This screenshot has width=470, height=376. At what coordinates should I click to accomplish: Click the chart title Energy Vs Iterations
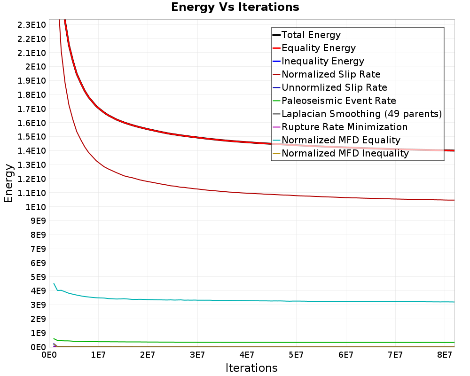coord(235,7)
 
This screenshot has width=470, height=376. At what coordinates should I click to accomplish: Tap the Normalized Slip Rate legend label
coord(331,74)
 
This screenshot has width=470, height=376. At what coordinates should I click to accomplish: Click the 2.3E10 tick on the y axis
coord(31,24)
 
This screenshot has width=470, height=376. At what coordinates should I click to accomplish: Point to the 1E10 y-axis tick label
coord(36,207)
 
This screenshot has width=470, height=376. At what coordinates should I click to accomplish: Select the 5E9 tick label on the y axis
coord(38,277)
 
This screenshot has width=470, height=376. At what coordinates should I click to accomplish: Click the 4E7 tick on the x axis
coord(247,355)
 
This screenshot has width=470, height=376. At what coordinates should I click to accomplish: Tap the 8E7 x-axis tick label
coord(444,355)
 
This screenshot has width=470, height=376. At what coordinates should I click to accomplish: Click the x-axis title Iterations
coord(251,368)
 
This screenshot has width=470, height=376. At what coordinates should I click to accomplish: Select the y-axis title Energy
coord(8,183)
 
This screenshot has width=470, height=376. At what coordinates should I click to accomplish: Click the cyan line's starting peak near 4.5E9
coord(54,283)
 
